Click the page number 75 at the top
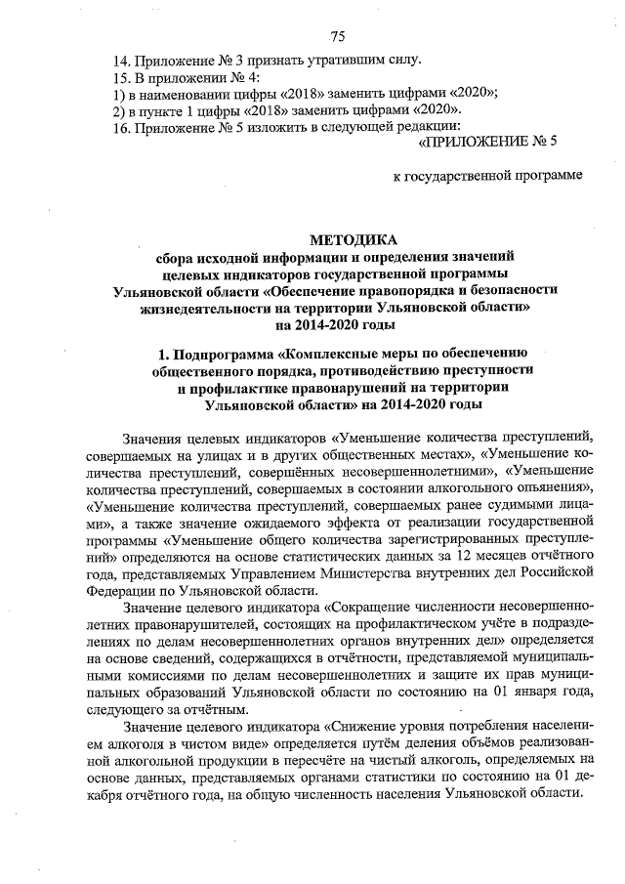coord(337,37)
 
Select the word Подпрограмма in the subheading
coord(227,353)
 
